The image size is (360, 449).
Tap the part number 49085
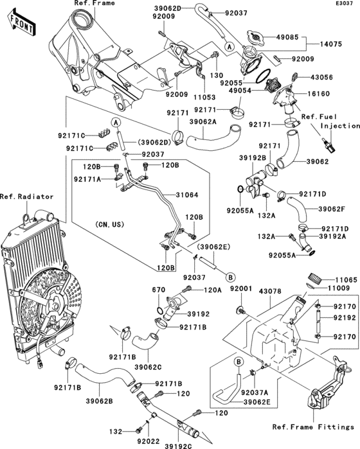[287, 37]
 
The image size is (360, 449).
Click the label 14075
[331, 44]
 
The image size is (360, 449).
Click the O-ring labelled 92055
[263, 76]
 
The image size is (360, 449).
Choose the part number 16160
[318, 94]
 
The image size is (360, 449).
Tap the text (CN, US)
[110, 224]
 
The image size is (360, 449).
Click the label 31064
[187, 195]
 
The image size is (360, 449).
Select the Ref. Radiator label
[26, 197]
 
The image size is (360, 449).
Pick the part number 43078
[270, 291]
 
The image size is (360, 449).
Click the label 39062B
[100, 401]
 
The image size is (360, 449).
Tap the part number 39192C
[178, 446]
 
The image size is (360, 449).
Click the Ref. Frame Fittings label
[313, 427]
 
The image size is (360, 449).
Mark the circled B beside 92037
[230, 277]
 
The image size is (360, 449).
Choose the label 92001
[241, 288]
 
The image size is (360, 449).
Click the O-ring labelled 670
[161, 310]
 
